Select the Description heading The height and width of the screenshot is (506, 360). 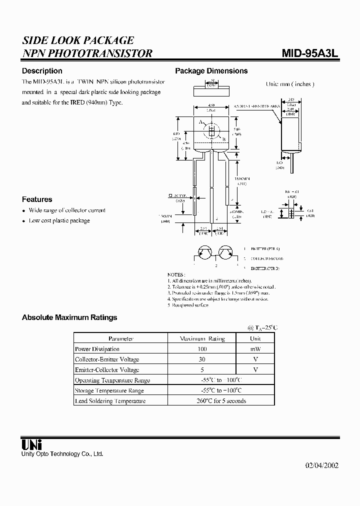tap(42, 71)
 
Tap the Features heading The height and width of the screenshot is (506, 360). tap(37, 199)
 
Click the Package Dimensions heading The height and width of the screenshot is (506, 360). tap(211, 71)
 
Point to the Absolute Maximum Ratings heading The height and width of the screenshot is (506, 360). tap(69, 317)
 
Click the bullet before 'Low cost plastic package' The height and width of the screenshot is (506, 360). tap(23, 221)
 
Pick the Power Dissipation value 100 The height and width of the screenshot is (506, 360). tap(202, 349)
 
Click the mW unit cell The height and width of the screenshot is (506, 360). tap(255, 349)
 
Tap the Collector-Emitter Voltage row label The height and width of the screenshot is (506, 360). tap(107, 359)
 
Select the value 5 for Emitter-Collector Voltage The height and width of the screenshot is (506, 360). tap(202, 370)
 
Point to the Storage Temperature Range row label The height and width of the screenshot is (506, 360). tap(109, 390)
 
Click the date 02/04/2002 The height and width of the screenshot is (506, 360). tap(321, 465)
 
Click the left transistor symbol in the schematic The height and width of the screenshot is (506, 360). tap(204, 253)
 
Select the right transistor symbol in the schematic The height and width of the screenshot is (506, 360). tap(225, 253)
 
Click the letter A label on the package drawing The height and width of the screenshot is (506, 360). tap(200, 122)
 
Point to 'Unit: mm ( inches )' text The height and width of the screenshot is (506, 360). tap(290, 84)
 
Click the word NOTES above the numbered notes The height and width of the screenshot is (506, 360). tap(176, 274)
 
